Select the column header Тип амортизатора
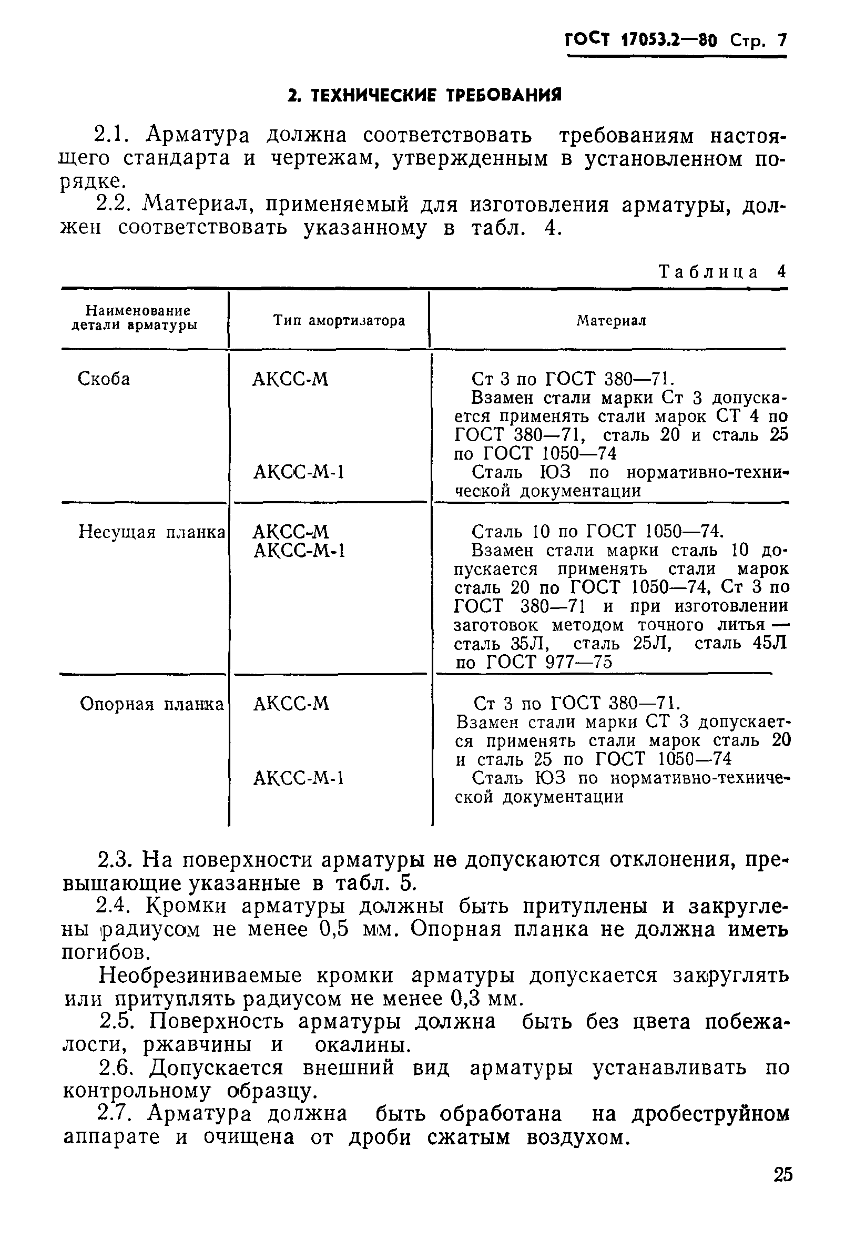(x=339, y=321)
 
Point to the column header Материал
(x=611, y=321)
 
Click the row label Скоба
(x=104, y=379)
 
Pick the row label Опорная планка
(x=151, y=704)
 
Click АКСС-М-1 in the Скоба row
(x=299, y=472)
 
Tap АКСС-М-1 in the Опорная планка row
(x=299, y=778)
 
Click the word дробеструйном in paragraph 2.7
(x=711, y=1113)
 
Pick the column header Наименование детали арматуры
(x=138, y=318)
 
